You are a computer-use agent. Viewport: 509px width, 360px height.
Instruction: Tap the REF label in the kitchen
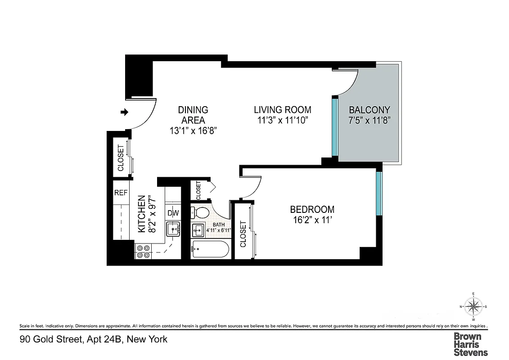pos(121,193)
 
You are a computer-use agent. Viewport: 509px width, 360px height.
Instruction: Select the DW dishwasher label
pos(173,213)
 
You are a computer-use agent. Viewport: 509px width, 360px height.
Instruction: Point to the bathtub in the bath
pos(210,249)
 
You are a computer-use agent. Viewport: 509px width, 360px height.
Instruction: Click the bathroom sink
pos(197,230)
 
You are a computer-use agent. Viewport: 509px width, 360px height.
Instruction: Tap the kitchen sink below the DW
pos(173,229)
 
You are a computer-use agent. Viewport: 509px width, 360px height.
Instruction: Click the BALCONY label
pos(369,110)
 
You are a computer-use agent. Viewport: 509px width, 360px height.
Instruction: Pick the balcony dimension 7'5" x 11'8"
pos(369,121)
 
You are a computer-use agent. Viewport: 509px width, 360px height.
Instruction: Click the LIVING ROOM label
pos(282,110)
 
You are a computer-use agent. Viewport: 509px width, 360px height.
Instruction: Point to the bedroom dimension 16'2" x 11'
pos(312,220)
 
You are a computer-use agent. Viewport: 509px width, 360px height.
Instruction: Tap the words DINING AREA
pos(193,115)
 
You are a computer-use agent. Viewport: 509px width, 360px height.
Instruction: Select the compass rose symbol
pos(473,307)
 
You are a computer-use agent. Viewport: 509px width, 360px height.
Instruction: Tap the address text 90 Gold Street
pos(51,339)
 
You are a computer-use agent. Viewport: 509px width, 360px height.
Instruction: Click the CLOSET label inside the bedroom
pos(243,234)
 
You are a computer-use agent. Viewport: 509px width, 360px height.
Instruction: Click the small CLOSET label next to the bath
pos(198,190)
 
